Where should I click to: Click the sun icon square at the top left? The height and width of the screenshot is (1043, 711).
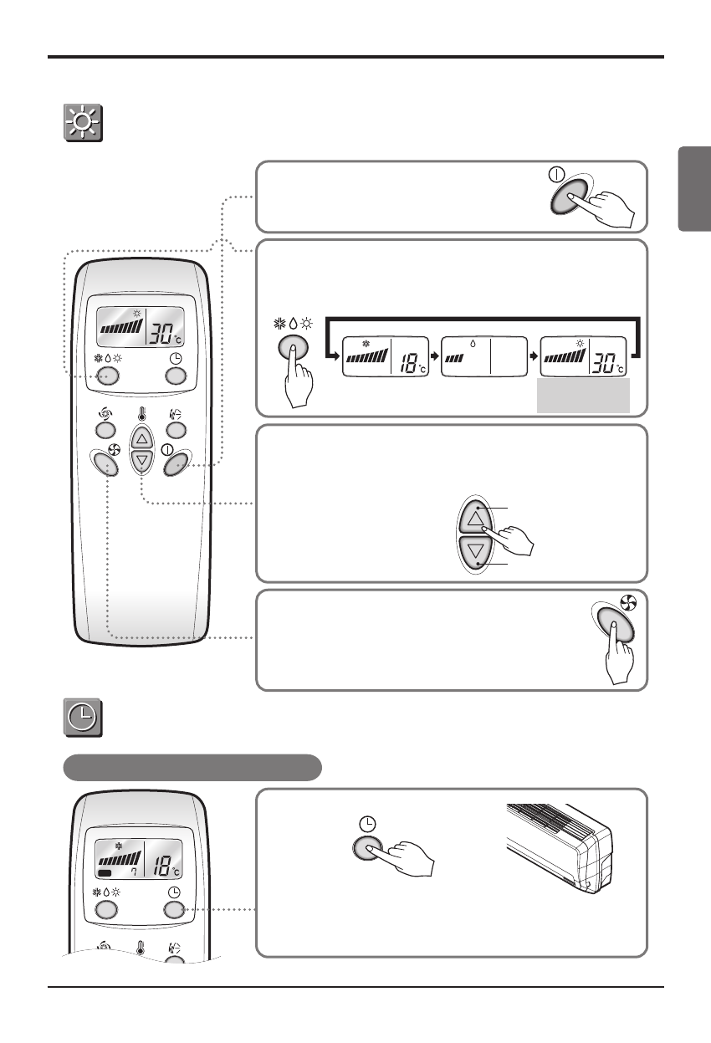84,124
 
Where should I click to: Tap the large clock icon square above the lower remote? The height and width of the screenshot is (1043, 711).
84,718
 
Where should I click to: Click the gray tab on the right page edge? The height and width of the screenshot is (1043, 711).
694,190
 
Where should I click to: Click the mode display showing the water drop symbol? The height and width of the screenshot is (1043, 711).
485,358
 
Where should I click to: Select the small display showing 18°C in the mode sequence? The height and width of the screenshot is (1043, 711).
386,358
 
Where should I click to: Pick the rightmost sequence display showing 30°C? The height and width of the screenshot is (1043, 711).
585,358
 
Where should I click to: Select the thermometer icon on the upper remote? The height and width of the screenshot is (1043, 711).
141,413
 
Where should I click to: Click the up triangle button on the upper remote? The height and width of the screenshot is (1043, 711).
141,437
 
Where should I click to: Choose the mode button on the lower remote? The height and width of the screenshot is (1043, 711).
105,911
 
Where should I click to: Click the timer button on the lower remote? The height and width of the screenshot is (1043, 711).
175,911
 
